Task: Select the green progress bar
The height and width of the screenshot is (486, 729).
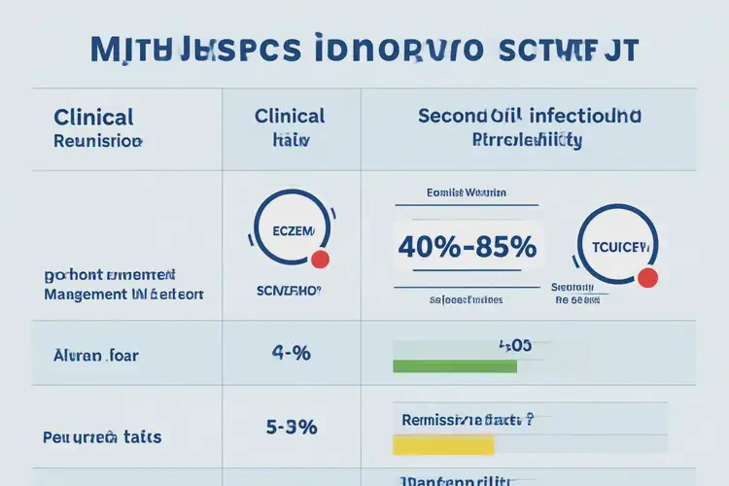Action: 454,366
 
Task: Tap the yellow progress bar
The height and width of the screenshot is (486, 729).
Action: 442,444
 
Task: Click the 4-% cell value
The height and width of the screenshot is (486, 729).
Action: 290,354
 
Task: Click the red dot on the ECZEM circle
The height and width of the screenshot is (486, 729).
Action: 320,259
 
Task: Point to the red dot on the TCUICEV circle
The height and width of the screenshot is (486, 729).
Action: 647,278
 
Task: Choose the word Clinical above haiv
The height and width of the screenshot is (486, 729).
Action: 290,116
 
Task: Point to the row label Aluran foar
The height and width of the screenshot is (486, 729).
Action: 95,355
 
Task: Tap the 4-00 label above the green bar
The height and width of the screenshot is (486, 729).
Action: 514,344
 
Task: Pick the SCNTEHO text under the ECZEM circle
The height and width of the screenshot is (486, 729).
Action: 288,291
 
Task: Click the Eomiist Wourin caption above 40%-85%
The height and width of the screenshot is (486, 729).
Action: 467,193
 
